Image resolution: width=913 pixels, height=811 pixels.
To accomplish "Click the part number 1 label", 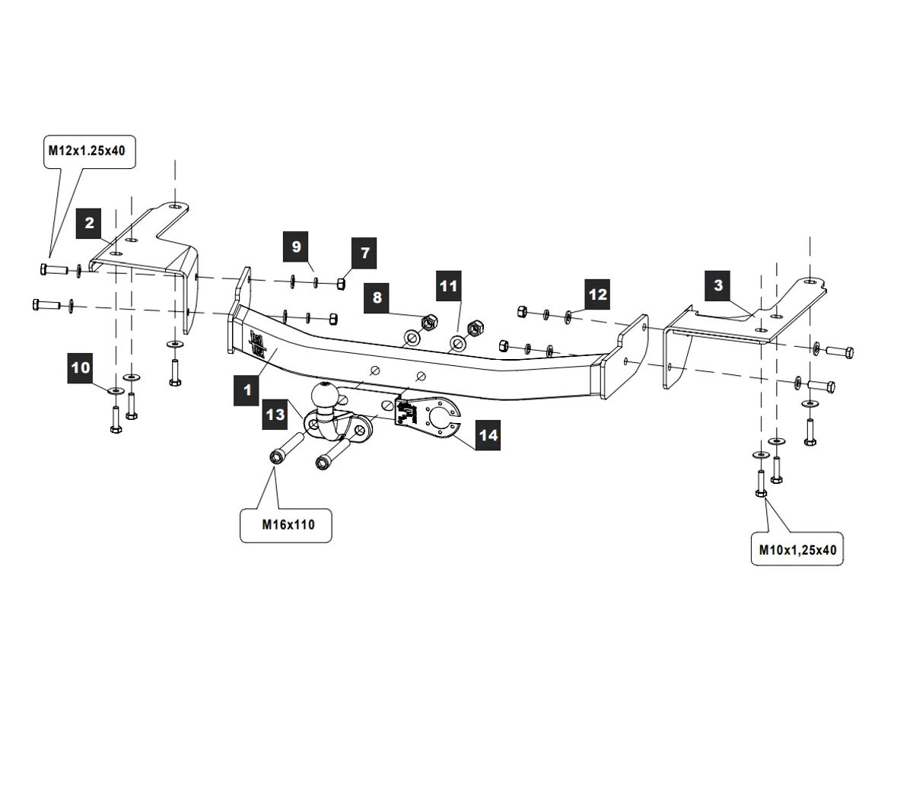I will point(247,390).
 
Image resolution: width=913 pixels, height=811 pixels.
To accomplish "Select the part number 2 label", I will point(90,223).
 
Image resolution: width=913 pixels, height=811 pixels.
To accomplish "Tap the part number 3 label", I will point(718,285).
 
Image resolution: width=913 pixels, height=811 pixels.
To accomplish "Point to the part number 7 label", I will point(364,253).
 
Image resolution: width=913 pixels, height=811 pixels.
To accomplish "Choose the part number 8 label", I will point(377,297).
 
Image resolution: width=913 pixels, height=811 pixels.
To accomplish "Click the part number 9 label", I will point(297,246).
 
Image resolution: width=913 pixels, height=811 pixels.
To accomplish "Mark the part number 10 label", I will point(81,368).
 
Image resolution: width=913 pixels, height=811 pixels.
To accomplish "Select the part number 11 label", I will point(450,286).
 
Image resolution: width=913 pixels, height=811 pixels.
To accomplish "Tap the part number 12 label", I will point(598,294).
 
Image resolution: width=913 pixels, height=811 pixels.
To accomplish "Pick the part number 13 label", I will point(275,414).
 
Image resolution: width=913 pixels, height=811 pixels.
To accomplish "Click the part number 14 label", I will point(488,435).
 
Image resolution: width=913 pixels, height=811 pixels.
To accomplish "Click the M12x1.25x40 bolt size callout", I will point(87,151).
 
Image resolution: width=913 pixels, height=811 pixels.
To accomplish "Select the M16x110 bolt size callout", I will point(286,524).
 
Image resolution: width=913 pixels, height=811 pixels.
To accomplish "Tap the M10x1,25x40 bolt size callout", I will point(797,549).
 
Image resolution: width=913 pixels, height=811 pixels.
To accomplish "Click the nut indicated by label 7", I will point(342,284).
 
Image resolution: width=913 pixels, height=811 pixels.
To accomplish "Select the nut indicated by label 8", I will point(428,322).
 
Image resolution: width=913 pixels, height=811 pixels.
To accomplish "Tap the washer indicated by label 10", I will point(114,390).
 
